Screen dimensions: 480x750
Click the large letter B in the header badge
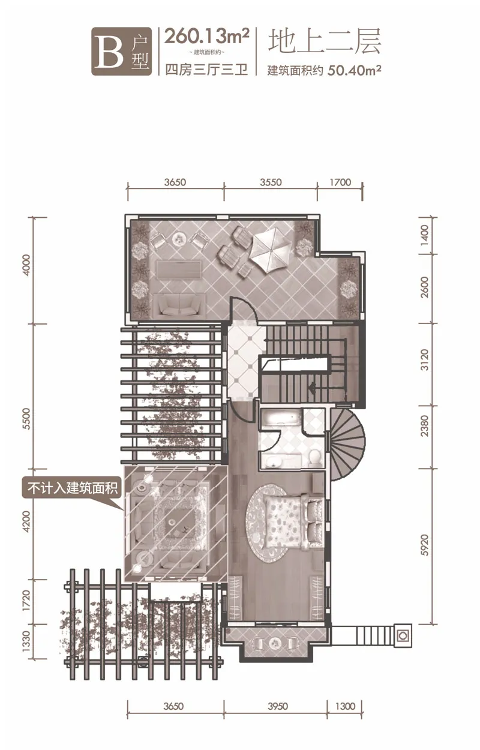(x=109, y=51)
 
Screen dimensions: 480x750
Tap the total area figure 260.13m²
(x=206, y=37)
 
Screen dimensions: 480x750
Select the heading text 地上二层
(x=325, y=41)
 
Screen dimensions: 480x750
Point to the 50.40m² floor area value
(x=355, y=71)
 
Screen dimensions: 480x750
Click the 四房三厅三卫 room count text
(x=206, y=70)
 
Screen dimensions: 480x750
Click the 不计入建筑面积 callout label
(x=73, y=488)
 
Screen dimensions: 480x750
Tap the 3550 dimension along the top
(x=271, y=182)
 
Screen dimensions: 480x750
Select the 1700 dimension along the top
(x=340, y=182)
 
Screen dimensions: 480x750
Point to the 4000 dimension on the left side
(x=27, y=266)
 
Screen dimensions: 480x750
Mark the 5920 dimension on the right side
(x=424, y=545)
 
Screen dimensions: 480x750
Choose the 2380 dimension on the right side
(x=424, y=426)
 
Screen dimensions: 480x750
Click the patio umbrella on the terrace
(x=271, y=250)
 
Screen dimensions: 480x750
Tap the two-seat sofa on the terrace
(x=180, y=304)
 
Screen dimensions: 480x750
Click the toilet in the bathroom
(x=314, y=458)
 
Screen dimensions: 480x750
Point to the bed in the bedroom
(x=293, y=523)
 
